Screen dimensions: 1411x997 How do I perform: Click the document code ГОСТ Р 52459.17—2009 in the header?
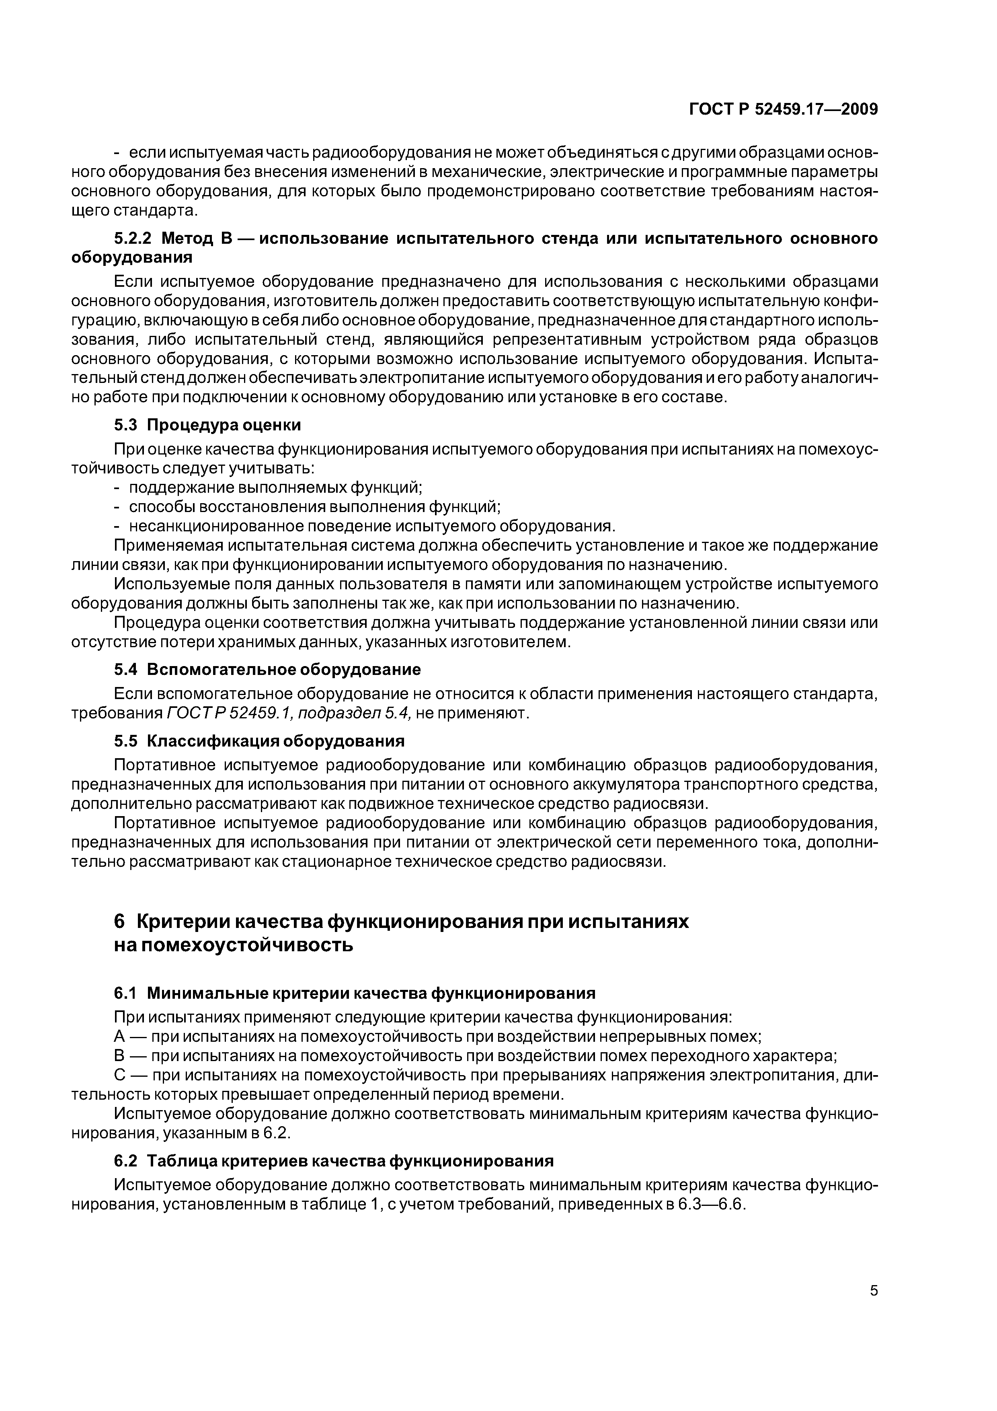click(783, 109)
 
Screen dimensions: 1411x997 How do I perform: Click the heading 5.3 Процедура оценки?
click(207, 425)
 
